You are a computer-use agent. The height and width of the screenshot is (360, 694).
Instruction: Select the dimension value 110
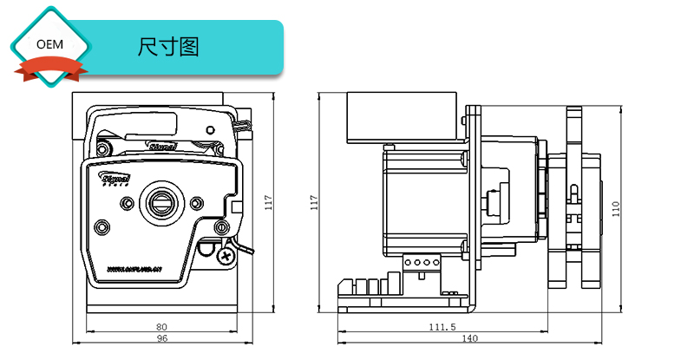coord(617,207)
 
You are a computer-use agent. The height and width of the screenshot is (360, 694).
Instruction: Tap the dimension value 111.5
coord(442,327)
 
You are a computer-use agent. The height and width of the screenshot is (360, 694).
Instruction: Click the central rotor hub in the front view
coord(160,202)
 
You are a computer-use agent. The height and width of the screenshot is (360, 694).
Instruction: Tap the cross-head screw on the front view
coord(226,256)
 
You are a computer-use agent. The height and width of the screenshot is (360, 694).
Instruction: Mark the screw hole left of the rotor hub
coord(128,203)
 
